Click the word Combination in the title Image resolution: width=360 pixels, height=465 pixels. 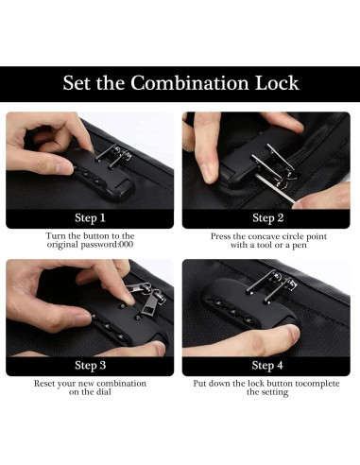tap(190, 83)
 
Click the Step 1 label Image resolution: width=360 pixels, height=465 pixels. tap(90, 218)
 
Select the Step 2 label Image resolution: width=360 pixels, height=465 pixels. tap(268, 218)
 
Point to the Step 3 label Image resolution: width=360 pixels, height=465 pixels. tap(91, 366)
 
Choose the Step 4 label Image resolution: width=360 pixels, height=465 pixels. tap(267, 366)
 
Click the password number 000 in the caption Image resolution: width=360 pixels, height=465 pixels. tap(127, 245)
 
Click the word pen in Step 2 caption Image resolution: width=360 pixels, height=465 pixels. tap(300, 246)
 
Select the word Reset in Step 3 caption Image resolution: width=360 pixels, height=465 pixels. tap(44, 384)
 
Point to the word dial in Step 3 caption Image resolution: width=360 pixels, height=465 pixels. tap(104, 392)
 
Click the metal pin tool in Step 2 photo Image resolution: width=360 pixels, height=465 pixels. tap(275, 188)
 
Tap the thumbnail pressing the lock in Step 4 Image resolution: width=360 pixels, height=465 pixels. tap(294, 332)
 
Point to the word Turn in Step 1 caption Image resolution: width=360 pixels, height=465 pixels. tap(56, 236)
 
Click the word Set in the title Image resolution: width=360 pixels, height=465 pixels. tap(76, 83)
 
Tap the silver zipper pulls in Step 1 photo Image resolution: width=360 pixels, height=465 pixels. tap(114, 155)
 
